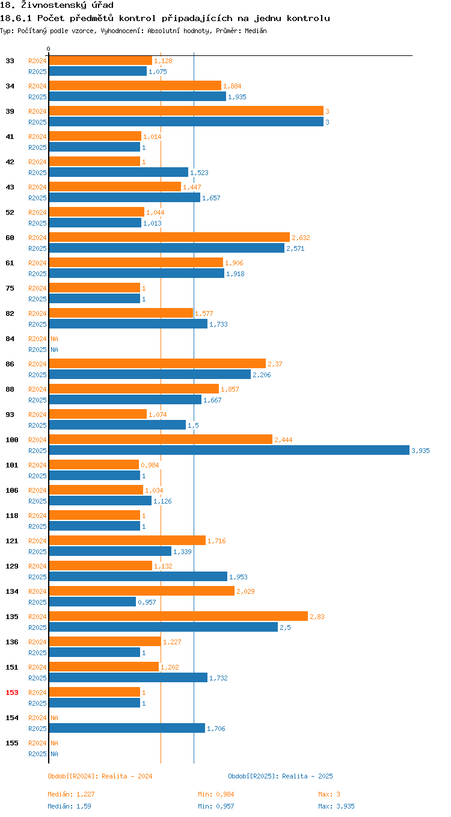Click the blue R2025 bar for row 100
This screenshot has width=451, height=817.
[x=229, y=450]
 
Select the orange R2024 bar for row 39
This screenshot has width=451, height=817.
[x=186, y=111]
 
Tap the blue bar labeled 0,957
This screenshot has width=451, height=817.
[x=93, y=602]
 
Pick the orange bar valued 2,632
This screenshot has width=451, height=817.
[x=170, y=237]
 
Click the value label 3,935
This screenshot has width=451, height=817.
[x=420, y=451]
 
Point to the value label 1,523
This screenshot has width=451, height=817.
[x=199, y=173]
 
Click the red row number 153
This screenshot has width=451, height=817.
[x=12, y=692]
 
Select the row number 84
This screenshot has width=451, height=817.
[x=10, y=339]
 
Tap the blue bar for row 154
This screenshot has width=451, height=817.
[x=127, y=728]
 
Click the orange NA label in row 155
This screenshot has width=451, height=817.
[x=54, y=743]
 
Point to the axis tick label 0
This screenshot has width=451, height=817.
[x=49, y=49]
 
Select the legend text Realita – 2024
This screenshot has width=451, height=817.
[x=127, y=776]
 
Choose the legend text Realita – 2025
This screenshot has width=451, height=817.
[x=307, y=776]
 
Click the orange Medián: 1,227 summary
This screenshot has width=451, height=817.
[x=71, y=794]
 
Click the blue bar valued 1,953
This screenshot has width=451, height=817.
[x=138, y=576]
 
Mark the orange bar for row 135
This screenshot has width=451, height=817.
[x=179, y=616]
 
